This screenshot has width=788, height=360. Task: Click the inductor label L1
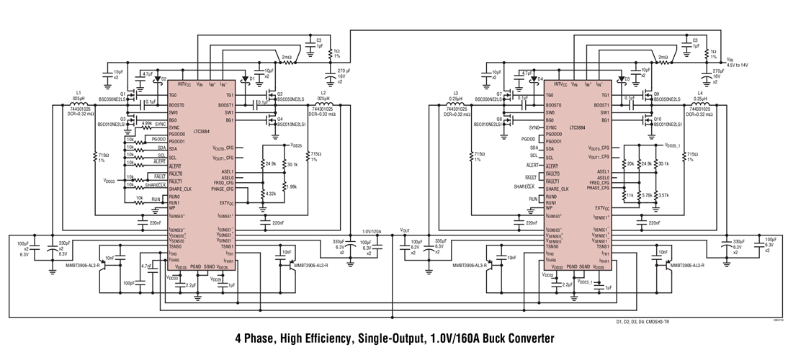pos(79,92)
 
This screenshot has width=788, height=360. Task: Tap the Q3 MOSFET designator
pos(122,119)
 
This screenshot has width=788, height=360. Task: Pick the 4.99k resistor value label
pos(146,123)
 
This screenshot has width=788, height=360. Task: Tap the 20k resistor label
pos(630,163)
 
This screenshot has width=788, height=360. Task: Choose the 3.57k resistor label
pos(663,195)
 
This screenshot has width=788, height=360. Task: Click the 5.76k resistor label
pos(646,195)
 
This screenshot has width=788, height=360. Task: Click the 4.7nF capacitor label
pos(146,266)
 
